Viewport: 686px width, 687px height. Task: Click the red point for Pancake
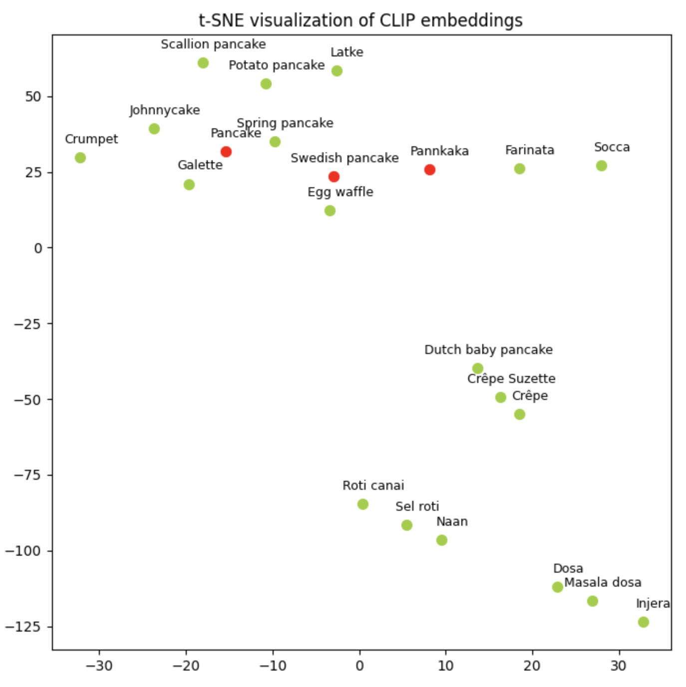[226, 152]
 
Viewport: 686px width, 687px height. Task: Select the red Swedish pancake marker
[334, 177]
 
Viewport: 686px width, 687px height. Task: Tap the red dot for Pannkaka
[430, 170]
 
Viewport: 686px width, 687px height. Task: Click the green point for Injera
[644, 622]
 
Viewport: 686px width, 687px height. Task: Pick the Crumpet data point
[80, 158]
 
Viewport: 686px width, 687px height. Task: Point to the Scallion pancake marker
[203, 63]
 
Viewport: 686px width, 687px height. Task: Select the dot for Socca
[602, 166]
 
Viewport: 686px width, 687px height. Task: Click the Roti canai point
[363, 504]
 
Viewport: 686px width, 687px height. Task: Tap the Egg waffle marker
[330, 211]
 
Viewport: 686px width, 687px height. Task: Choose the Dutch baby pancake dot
[478, 368]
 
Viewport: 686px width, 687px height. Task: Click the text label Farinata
[530, 150]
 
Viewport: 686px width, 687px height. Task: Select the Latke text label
[347, 52]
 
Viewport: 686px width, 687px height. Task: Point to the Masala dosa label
[603, 583]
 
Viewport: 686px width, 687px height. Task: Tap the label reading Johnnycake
[165, 110]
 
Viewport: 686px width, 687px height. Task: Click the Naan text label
[452, 522]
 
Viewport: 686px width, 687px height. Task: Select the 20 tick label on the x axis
[532, 666]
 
